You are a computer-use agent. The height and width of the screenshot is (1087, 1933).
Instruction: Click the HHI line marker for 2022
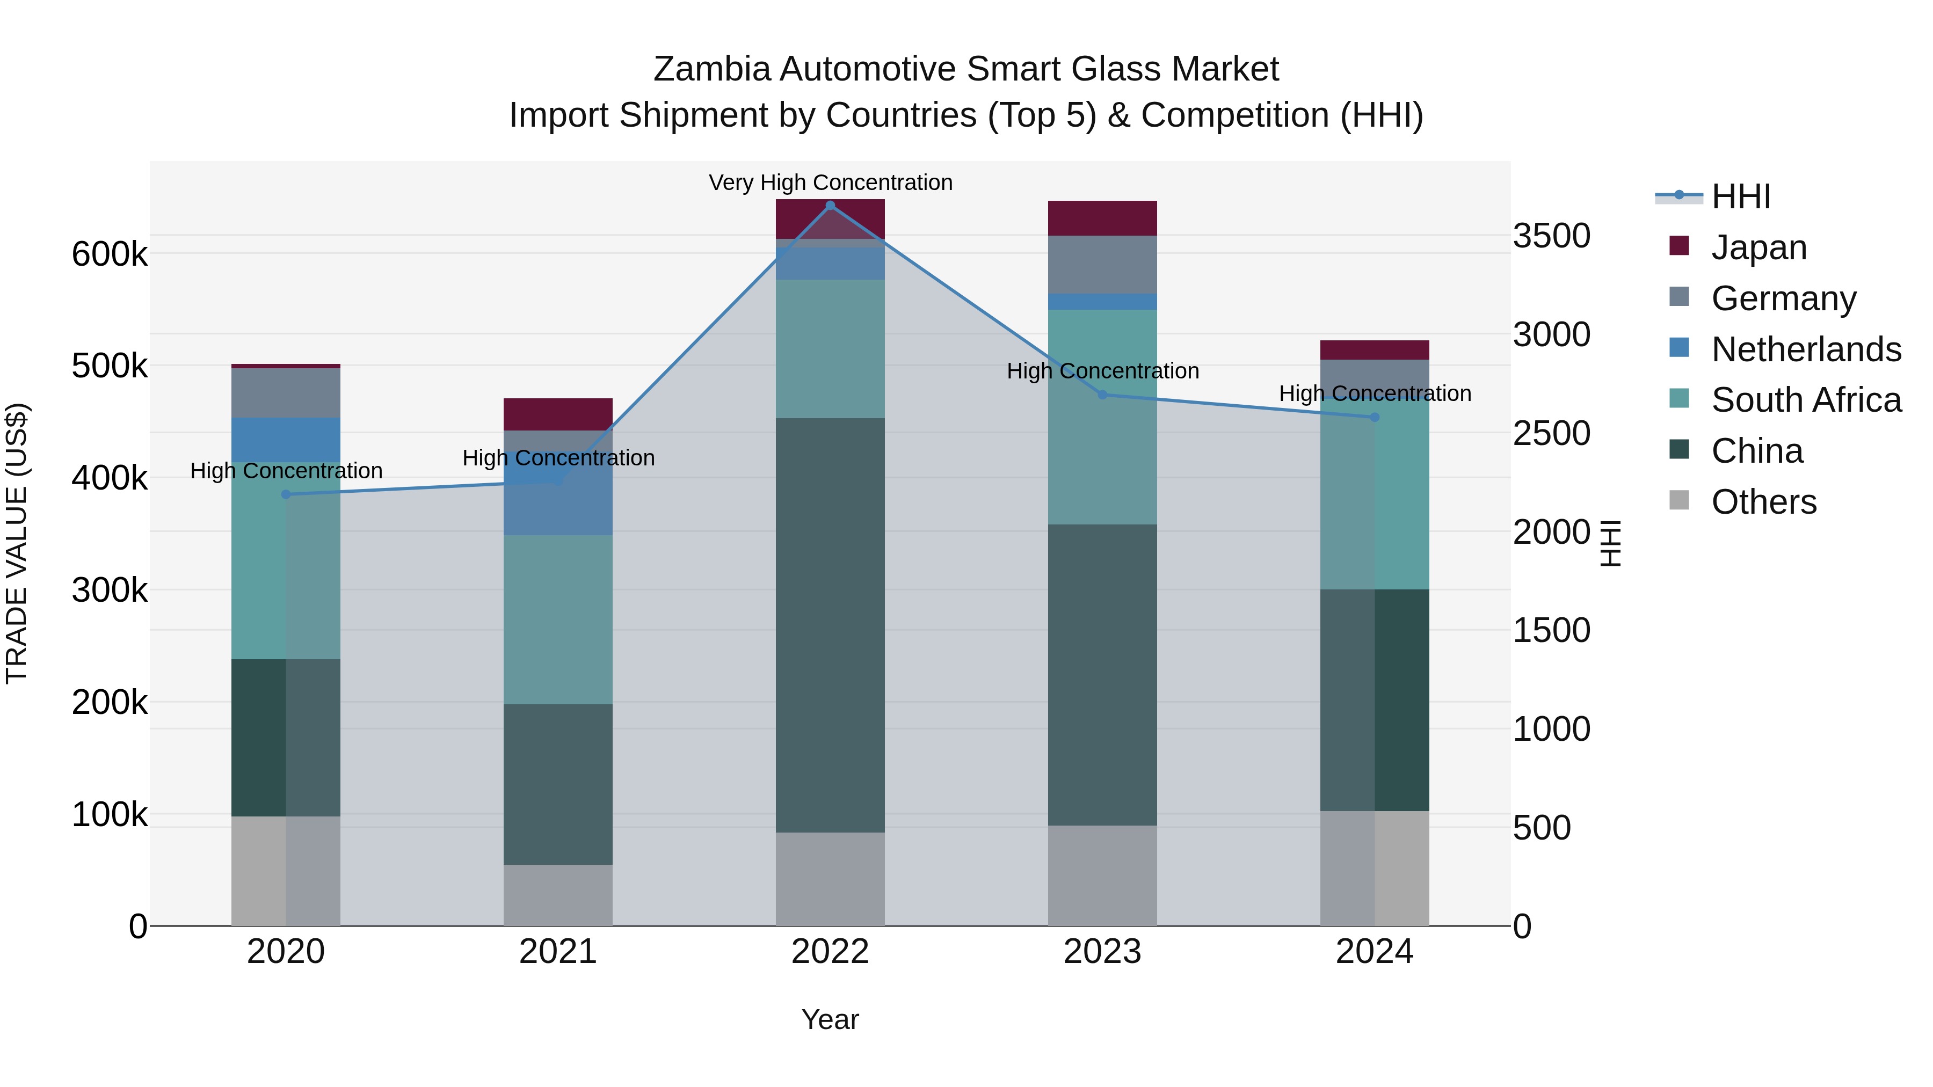pos(830,205)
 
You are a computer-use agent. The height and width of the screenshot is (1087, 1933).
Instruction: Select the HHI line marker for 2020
pos(286,494)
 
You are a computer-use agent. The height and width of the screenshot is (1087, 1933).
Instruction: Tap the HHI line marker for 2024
pos(1375,417)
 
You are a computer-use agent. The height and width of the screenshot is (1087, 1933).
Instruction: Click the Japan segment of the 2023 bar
pos(1102,218)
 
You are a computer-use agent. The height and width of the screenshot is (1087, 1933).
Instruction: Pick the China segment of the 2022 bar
pos(830,625)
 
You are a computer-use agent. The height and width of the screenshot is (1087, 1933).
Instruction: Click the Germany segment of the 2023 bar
pos(1102,265)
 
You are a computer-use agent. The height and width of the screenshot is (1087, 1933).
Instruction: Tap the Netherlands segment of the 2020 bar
pos(286,440)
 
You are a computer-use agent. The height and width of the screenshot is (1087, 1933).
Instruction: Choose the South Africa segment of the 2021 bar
pos(557,619)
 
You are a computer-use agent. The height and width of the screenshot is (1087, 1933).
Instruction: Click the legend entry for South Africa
pos(1805,400)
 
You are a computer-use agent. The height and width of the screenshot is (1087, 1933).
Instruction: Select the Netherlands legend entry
pos(1805,349)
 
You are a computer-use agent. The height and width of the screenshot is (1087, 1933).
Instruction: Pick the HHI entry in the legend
pos(1741,196)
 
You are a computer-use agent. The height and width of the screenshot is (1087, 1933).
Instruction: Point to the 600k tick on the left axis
pos(110,254)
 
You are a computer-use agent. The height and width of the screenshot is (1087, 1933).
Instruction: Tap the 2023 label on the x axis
pos(1102,952)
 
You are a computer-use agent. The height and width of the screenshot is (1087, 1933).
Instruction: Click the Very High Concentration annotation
pos(830,183)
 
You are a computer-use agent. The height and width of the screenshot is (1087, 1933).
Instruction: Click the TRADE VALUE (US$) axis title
pos(17,543)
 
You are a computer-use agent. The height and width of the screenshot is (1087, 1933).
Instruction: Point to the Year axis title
pos(830,1019)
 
